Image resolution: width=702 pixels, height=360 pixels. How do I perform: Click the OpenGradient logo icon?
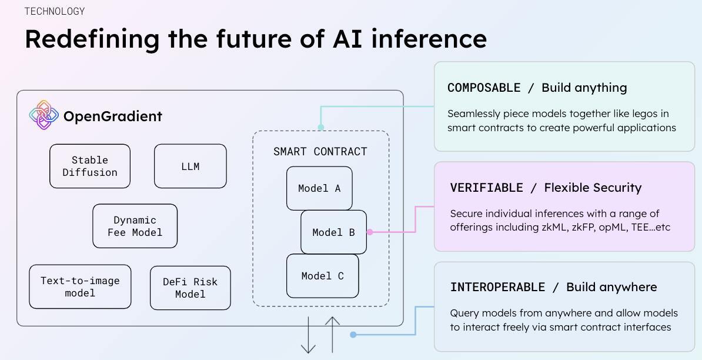(x=44, y=115)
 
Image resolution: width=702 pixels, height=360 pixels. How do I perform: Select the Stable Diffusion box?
(x=90, y=166)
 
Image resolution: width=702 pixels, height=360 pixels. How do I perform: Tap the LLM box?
(x=190, y=166)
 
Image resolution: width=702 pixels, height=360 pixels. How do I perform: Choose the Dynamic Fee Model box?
(x=135, y=226)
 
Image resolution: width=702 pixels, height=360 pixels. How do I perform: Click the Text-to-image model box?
(x=80, y=286)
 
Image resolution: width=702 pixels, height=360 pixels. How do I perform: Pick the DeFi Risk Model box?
(x=190, y=288)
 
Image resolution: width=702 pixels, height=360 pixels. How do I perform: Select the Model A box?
(x=319, y=188)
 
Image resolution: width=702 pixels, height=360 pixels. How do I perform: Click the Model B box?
(x=333, y=232)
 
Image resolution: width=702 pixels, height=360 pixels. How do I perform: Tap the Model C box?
(x=322, y=276)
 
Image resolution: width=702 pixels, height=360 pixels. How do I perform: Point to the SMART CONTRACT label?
(x=320, y=152)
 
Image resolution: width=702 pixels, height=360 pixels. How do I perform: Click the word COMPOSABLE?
(x=484, y=88)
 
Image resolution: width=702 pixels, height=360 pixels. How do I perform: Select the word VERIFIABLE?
(x=486, y=188)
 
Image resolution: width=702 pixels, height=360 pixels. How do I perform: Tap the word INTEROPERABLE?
(x=497, y=287)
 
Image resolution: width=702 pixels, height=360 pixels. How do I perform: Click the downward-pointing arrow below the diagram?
(x=308, y=335)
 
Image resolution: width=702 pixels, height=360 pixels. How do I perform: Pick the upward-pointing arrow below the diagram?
(x=333, y=334)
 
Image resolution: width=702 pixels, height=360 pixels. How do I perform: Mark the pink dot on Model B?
(x=370, y=232)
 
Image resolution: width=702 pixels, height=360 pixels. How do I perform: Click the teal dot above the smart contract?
(x=321, y=126)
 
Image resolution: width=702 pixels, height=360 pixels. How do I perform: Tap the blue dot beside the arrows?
(x=353, y=335)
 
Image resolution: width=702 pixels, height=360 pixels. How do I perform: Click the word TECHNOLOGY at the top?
(x=55, y=11)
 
